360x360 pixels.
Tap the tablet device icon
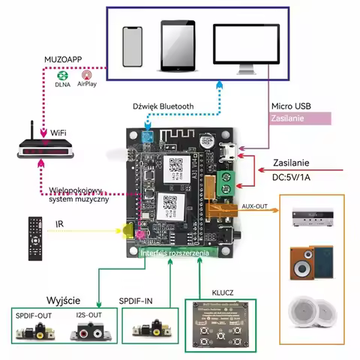click(x=178, y=46)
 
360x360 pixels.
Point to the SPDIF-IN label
click(x=147, y=300)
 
